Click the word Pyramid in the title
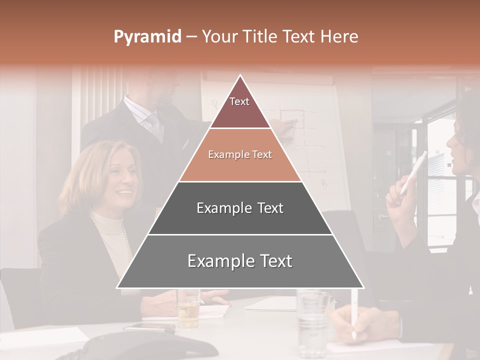(147, 37)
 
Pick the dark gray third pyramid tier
(240, 208)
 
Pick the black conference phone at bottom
(140, 348)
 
